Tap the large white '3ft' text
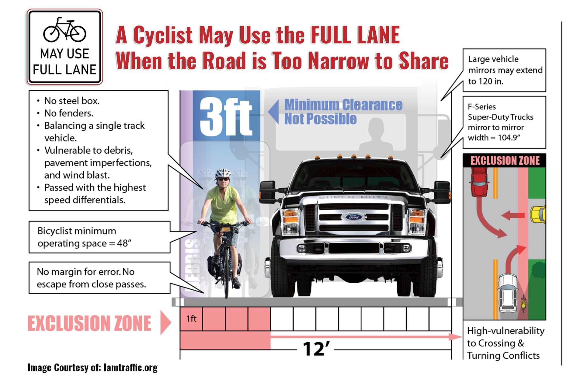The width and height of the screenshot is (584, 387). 226,117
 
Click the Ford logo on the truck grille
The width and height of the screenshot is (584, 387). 353,217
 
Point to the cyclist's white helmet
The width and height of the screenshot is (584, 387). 223,173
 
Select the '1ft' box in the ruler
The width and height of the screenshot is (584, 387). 191,319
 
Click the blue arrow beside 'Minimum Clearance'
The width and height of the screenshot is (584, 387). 274,112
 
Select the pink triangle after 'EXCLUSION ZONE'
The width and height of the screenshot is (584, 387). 165,322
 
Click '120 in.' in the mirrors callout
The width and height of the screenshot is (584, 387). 486,82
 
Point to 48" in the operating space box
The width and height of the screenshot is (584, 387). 124,243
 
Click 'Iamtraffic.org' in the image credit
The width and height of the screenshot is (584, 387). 130,368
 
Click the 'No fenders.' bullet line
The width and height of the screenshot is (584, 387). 69,113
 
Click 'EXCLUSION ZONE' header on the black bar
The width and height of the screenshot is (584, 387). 505,160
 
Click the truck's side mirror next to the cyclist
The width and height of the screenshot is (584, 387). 267,191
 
